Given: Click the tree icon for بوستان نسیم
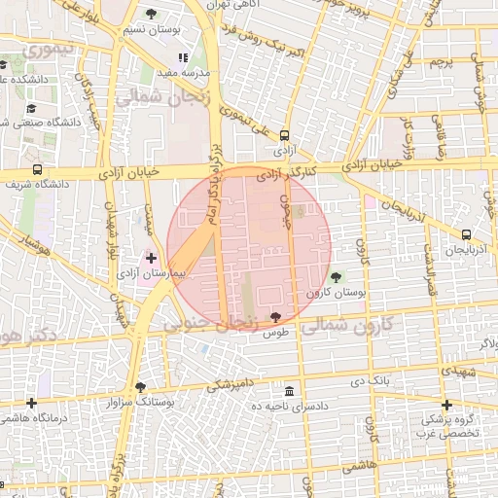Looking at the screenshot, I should point(150,14).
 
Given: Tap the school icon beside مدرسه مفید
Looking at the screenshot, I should point(183,58).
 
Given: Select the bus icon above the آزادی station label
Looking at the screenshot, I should point(284,136).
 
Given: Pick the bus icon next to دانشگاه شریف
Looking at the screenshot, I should point(37,169).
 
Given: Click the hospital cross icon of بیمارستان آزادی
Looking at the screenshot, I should point(151,258).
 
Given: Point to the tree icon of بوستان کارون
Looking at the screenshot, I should point(337,277).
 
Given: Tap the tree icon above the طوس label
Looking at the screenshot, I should point(276,317).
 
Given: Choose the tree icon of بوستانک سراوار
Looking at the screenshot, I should point(141,386).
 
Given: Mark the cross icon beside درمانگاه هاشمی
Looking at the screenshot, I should point(32,403).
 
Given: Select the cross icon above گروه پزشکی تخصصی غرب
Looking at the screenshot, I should point(446,405).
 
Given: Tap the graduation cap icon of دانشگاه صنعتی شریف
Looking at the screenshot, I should point(31,109).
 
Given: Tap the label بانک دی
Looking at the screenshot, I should point(371,379).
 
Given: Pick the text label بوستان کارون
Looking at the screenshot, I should point(335,292).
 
